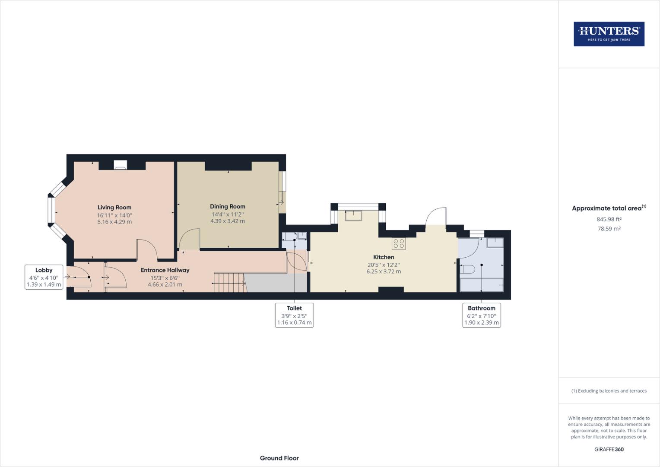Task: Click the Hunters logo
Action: pyautogui.click(x=609, y=34)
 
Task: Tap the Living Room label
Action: pyautogui.click(x=114, y=208)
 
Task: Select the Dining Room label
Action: pyautogui.click(x=228, y=207)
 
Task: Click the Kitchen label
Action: pyautogui.click(x=384, y=257)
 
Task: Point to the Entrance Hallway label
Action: pyautogui.click(x=165, y=270)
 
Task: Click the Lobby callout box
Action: pyautogui.click(x=44, y=277)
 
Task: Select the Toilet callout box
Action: pyautogui.click(x=294, y=315)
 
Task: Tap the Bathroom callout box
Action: pyautogui.click(x=481, y=315)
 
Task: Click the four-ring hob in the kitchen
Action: pyautogui.click(x=399, y=243)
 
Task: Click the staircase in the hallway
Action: pyautogui.click(x=229, y=283)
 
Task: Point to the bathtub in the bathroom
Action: pyautogui.click(x=482, y=285)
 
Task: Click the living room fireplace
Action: pyautogui.click(x=121, y=165)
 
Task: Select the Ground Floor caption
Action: pyautogui.click(x=279, y=458)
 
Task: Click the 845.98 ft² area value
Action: pyautogui.click(x=609, y=219)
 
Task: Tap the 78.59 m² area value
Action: pyautogui.click(x=609, y=229)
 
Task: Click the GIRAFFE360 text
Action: pyautogui.click(x=609, y=449)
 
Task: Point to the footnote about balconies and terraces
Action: pyautogui.click(x=609, y=391)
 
